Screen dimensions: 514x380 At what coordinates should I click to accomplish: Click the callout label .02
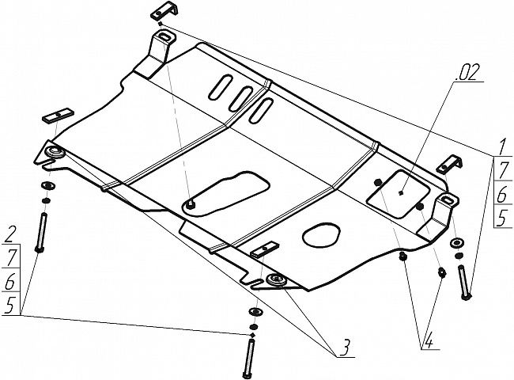467,74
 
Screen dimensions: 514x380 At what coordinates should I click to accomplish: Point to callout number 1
501,147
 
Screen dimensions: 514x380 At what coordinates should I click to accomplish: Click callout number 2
11,234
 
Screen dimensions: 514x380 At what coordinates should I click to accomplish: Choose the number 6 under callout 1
502,196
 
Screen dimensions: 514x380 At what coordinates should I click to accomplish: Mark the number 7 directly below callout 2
11,257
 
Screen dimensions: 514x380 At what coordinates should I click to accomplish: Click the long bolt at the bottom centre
249,358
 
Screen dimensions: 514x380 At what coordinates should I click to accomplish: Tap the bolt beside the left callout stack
41,232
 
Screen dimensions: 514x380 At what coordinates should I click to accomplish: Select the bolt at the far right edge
464,282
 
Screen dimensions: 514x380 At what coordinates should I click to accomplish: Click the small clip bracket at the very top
164,10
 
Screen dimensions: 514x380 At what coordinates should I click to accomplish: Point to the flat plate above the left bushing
58,115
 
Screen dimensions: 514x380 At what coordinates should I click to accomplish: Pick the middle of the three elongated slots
241,98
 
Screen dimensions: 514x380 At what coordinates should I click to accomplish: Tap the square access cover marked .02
399,194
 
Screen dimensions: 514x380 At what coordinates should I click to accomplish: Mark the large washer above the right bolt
456,243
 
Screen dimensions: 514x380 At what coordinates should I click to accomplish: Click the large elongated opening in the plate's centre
226,193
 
